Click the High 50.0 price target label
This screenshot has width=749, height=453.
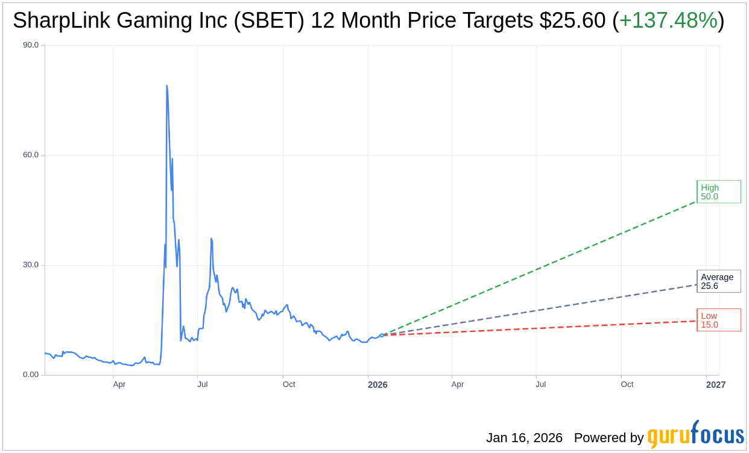[718, 192]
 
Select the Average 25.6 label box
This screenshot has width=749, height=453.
[718, 281]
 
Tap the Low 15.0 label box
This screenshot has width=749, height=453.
[718, 320]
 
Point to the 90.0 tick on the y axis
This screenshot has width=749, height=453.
[31, 45]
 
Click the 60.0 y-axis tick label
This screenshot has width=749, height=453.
[31, 155]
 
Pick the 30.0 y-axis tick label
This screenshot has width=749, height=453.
[31, 265]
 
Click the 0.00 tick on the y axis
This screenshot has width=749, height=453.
[31, 375]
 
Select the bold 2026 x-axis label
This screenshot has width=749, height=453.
[378, 385]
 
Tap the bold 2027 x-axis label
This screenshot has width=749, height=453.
[716, 385]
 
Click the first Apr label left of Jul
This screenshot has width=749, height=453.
[119, 384]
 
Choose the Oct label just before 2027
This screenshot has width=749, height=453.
[627, 384]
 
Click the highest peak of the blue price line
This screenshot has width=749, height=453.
[166, 86]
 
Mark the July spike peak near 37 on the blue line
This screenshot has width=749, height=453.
[211, 239]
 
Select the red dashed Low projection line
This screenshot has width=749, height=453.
[543, 327]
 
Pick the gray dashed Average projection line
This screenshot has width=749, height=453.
[543, 310]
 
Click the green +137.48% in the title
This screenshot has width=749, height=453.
[668, 21]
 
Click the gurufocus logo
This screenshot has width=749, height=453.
[695, 434]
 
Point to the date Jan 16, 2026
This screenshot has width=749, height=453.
[524, 438]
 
